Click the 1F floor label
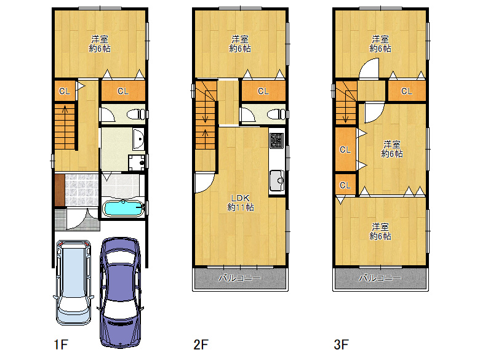(x=60, y=345)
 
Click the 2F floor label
(x=201, y=345)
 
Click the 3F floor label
(x=341, y=345)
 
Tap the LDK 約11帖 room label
(x=240, y=202)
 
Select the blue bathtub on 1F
(x=123, y=209)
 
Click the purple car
(x=120, y=292)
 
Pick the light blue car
(x=73, y=282)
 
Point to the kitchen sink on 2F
(x=277, y=181)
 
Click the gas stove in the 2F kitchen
(x=277, y=140)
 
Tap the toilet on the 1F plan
(x=136, y=114)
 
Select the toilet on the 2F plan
(x=276, y=114)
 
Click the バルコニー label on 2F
(x=240, y=278)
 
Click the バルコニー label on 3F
(x=380, y=278)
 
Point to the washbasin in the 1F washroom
(x=138, y=138)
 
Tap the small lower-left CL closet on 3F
(x=345, y=185)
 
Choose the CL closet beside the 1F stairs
(x=65, y=90)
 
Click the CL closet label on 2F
(x=263, y=91)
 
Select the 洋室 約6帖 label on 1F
(x=100, y=44)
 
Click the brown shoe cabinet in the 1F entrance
(x=60, y=190)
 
